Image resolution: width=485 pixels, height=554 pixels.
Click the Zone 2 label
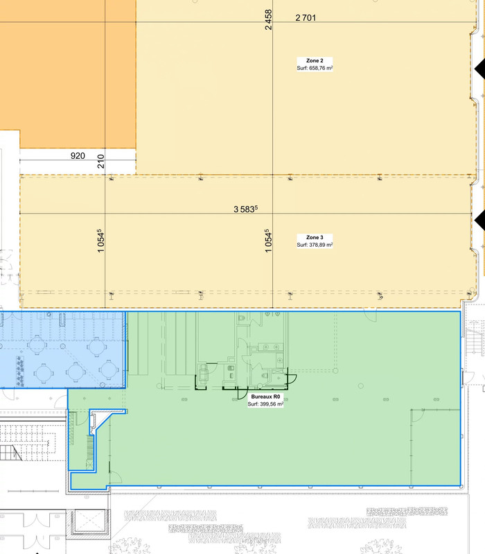315,60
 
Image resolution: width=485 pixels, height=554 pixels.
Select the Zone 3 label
315,237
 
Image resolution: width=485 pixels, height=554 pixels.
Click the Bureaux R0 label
265,397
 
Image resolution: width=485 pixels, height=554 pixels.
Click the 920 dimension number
78,156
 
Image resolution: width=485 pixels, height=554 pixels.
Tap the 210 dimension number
101,161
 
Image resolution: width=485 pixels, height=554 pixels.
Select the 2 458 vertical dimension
269,20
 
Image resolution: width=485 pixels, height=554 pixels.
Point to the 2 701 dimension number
306,17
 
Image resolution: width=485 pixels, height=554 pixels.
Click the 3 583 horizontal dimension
246,209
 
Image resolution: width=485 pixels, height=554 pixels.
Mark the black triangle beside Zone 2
479,69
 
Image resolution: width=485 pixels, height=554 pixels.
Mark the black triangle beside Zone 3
479,220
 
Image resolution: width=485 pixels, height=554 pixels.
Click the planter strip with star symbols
20,371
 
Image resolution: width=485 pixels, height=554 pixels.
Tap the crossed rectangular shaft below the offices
90,522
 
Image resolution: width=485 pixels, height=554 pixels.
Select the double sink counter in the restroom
270,347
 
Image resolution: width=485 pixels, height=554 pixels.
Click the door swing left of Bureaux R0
242,392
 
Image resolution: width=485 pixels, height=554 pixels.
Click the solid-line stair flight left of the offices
11,453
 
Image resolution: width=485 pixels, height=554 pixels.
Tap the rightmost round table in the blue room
109,370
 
